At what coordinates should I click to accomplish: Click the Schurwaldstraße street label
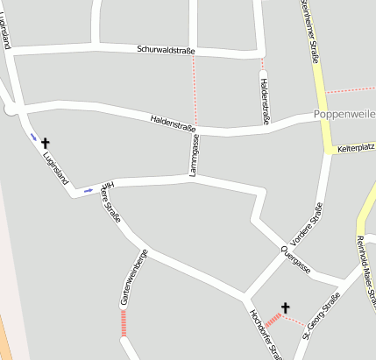(167, 51)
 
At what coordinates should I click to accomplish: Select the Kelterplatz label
(355, 150)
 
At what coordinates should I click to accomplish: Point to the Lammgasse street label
(195, 156)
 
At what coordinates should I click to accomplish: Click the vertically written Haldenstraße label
(264, 101)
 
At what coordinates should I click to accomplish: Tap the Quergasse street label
(296, 259)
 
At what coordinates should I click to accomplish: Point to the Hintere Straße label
(110, 202)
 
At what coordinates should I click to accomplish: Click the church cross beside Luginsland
(46, 141)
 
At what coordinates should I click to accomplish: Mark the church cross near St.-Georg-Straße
(285, 307)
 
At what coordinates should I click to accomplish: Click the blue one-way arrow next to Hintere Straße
(88, 188)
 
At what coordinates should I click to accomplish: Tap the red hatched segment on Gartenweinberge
(124, 323)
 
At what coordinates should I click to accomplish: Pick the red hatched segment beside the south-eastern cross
(273, 321)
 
